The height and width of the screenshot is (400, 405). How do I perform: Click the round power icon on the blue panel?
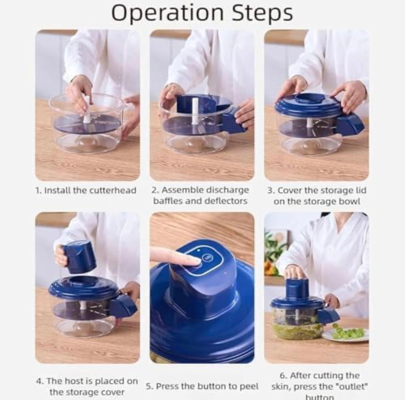(x=207, y=257)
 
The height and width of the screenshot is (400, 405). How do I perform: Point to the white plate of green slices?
(x=346, y=334)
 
